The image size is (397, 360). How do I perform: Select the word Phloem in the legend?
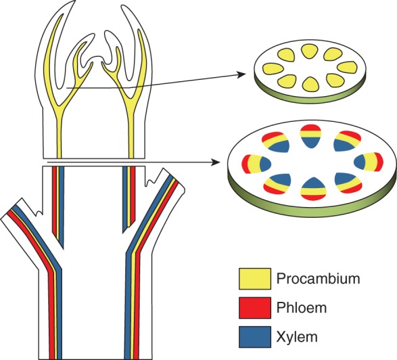[x=301, y=307]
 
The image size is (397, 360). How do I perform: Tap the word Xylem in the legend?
[x=297, y=336]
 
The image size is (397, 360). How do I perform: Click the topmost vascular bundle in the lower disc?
[x=310, y=135]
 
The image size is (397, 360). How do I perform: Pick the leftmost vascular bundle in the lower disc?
[x=248, y=162]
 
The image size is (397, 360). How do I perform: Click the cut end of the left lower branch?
[x=11, y=209]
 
